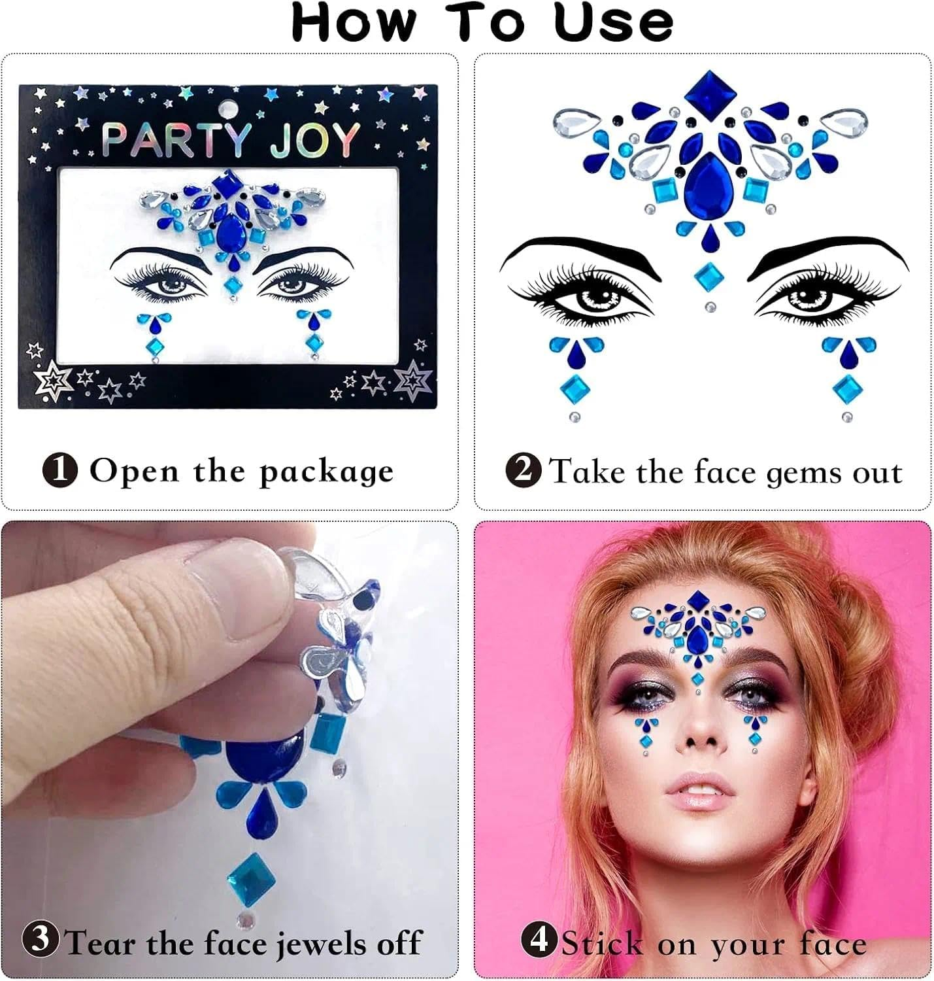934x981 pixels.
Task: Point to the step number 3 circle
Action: [x=41, y=939]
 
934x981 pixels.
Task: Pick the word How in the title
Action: [x=354, y=23]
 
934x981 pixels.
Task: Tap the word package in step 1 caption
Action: [x=326, y=472]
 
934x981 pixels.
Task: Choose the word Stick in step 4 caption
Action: [x=602, y=944]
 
